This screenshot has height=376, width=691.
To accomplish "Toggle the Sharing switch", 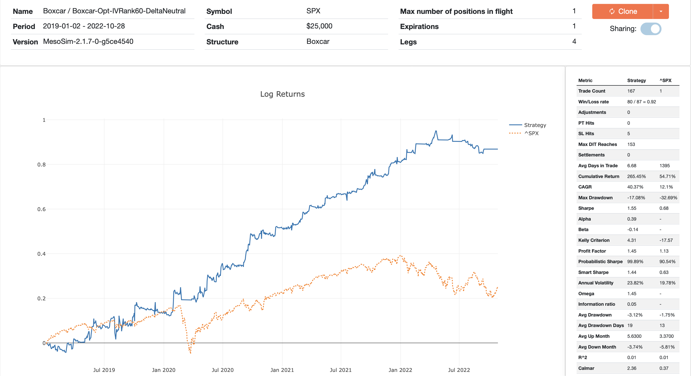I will [651, 29].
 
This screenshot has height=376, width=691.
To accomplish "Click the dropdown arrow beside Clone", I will [661, 11].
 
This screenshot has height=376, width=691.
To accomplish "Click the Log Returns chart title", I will [282, 94].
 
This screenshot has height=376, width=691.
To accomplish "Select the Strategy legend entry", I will [535, 125].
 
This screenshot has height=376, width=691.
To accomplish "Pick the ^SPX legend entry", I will [531, 133].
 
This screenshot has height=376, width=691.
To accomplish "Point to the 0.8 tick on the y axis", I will [41, 164].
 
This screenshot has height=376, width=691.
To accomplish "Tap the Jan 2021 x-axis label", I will [282, 370].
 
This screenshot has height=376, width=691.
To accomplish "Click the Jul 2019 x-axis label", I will [104, 370].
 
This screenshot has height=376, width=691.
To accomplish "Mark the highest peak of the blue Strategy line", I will [436, 131].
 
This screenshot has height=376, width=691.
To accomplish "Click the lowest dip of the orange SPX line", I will [190, 353].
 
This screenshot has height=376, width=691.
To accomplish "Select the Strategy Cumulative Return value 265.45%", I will [636, 176].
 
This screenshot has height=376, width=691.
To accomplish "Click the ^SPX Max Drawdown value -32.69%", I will [668, 198].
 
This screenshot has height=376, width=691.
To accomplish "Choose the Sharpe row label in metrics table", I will [586, 208].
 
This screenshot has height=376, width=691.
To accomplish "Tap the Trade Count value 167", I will [631, 91].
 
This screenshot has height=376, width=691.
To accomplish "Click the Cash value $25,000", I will [319, 26].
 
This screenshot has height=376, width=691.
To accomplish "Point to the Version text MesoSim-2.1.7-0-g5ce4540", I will [88, 42].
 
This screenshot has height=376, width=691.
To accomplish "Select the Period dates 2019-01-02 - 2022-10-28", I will [84, 26].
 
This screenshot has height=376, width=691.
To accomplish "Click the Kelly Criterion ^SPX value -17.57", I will [666, 240].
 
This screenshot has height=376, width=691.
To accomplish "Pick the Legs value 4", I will [574, 42].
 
